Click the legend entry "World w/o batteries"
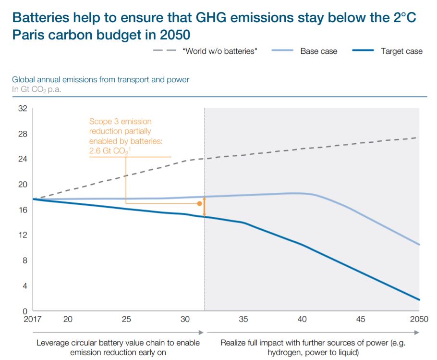(220, 51)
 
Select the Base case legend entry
(318, 51)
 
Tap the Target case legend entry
(401, 51)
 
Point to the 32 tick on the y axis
(23, 109)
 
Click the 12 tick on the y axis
(23, 235)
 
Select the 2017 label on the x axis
(32, 320)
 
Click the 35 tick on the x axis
(243, 320)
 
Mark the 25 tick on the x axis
(126, 320)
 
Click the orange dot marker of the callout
(200, 204)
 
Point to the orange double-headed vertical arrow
(205, 207)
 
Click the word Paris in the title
(30, 35)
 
